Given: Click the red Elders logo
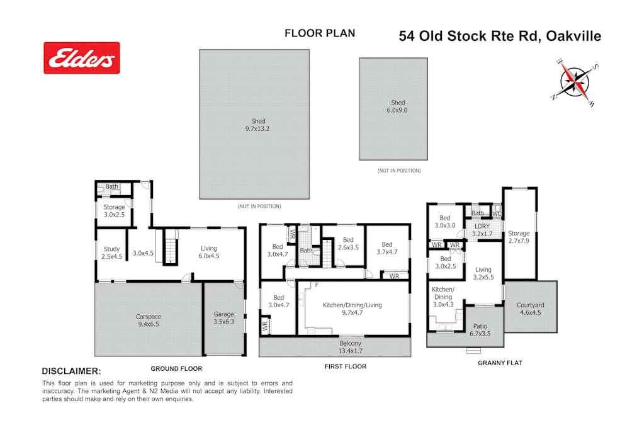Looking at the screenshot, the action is [82, 58].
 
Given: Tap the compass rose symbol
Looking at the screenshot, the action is [575, 82].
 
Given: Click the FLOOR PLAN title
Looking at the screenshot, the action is [320, 33].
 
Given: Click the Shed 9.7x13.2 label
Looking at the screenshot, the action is [257, 125].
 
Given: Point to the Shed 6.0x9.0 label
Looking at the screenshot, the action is [397, 106].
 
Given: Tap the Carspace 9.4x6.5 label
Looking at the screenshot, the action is [149, 320].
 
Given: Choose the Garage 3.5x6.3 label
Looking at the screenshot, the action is [224, 318].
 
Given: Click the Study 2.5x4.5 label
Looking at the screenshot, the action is [111, 252].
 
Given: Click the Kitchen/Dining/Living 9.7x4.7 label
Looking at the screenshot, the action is [352, 309].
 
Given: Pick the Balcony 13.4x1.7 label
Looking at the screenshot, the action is [350, 347].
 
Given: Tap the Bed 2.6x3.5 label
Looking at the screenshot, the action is [348, 244].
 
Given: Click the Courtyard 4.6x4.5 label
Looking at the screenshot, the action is [530, 309].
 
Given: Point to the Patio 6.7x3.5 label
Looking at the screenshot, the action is [480, 330].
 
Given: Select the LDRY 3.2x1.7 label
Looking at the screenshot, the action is [482, 230].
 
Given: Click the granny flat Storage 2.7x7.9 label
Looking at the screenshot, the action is [519, 237].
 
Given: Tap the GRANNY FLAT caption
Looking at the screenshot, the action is [500, 363].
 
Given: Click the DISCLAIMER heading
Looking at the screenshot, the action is [72, 371].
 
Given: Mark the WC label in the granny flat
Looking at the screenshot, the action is [497, 213].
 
